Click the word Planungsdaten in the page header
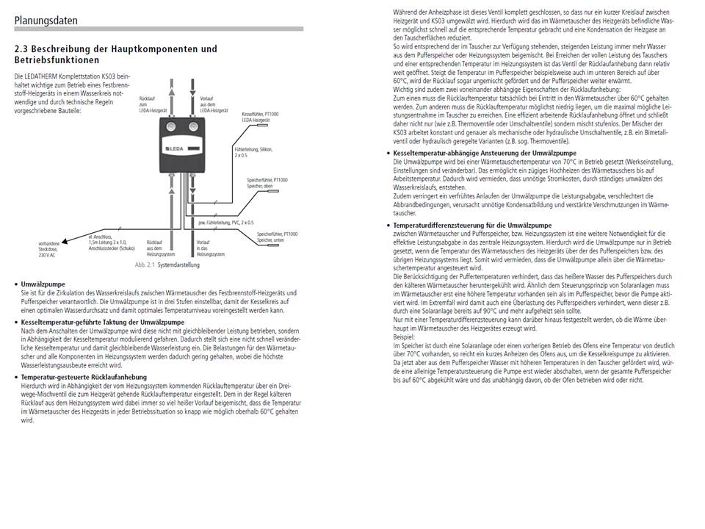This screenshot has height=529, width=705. [46, 20]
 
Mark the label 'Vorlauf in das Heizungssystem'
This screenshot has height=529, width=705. [207, 247]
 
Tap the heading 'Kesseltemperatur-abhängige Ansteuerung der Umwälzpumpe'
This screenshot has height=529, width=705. [485, 153]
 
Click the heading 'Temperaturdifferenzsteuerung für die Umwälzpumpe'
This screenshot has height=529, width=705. [471, 225]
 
